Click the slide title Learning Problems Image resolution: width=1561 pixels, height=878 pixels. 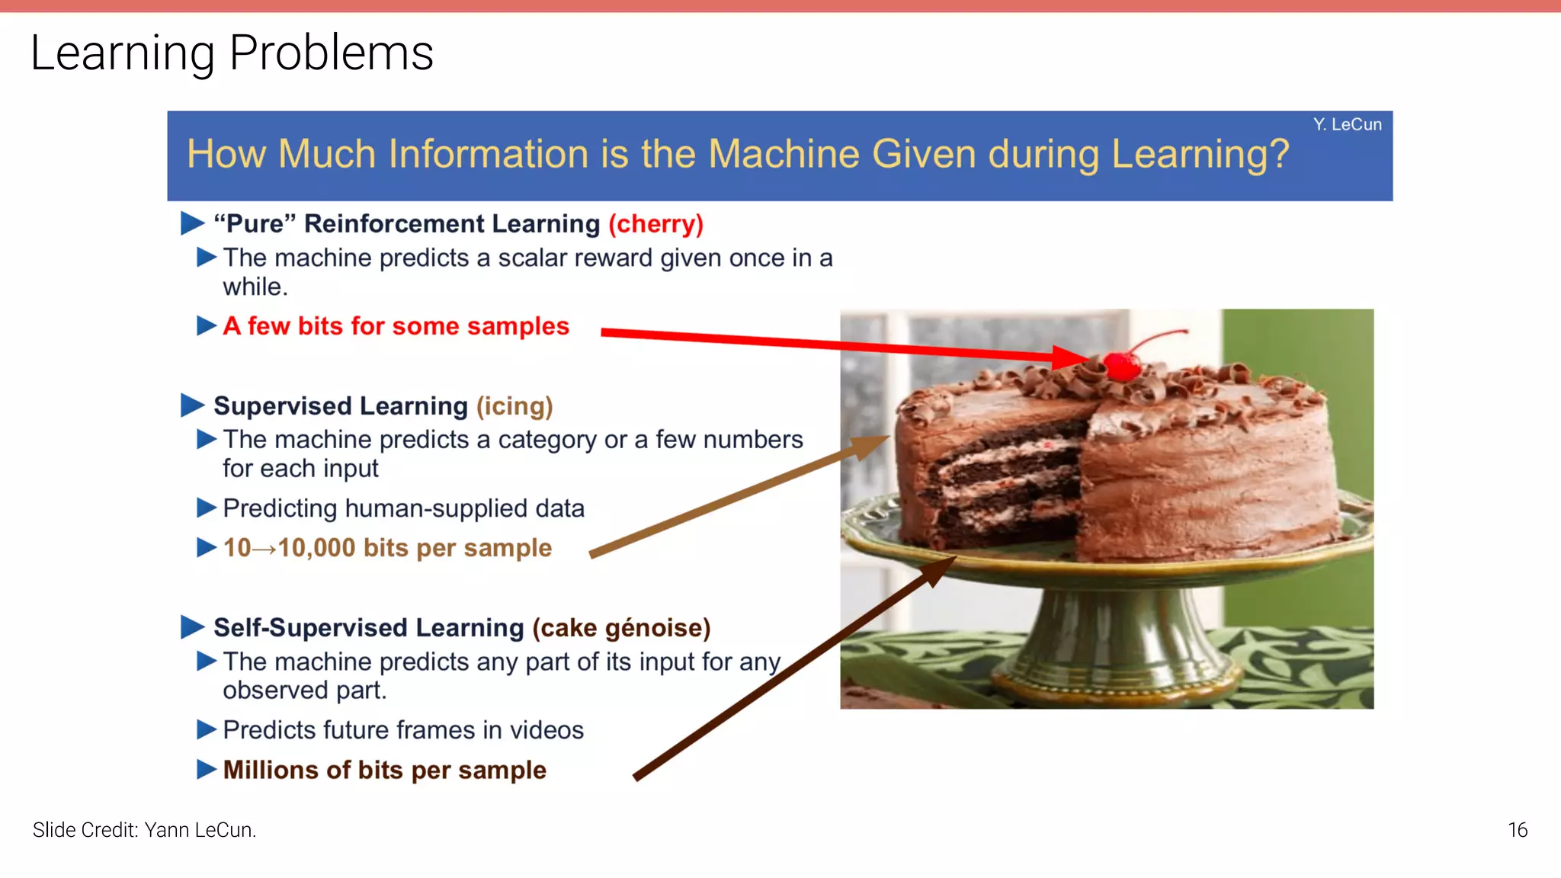pos(232,53)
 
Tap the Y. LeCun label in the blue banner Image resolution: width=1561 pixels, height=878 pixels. pos(1347,124)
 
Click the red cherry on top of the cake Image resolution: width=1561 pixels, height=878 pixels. pos(1122,366)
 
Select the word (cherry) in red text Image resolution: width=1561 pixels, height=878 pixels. pos(655,224)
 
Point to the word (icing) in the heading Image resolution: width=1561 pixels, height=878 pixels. pos(514,406)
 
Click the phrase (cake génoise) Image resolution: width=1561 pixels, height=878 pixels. pos(621,628)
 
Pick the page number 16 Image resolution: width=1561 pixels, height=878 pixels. pos(1517,830)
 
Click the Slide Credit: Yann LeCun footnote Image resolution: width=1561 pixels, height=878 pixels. pos(144,830)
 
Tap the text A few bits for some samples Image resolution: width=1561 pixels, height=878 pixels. pos(396,326)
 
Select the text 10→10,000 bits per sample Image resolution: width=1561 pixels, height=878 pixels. pos(387,548)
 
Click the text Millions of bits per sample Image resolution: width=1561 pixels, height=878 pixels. pos(384,770)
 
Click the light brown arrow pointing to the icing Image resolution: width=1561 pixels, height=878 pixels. pos(732,497)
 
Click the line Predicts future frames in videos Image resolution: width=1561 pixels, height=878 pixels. pos(403,730)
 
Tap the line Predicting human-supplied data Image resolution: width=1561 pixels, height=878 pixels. pos(403,508)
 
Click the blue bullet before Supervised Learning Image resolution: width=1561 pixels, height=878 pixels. pos(192,405)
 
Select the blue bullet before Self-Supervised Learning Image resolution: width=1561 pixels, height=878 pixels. pos(192,627)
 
